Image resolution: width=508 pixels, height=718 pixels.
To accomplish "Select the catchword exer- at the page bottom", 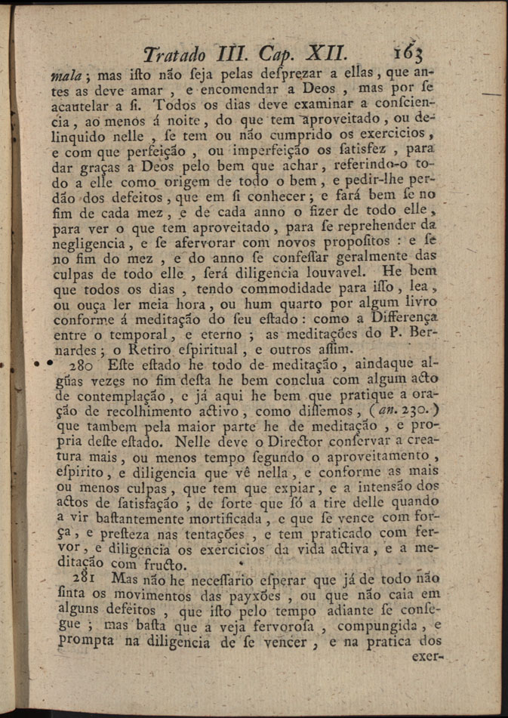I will click(x=423, y=657).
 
